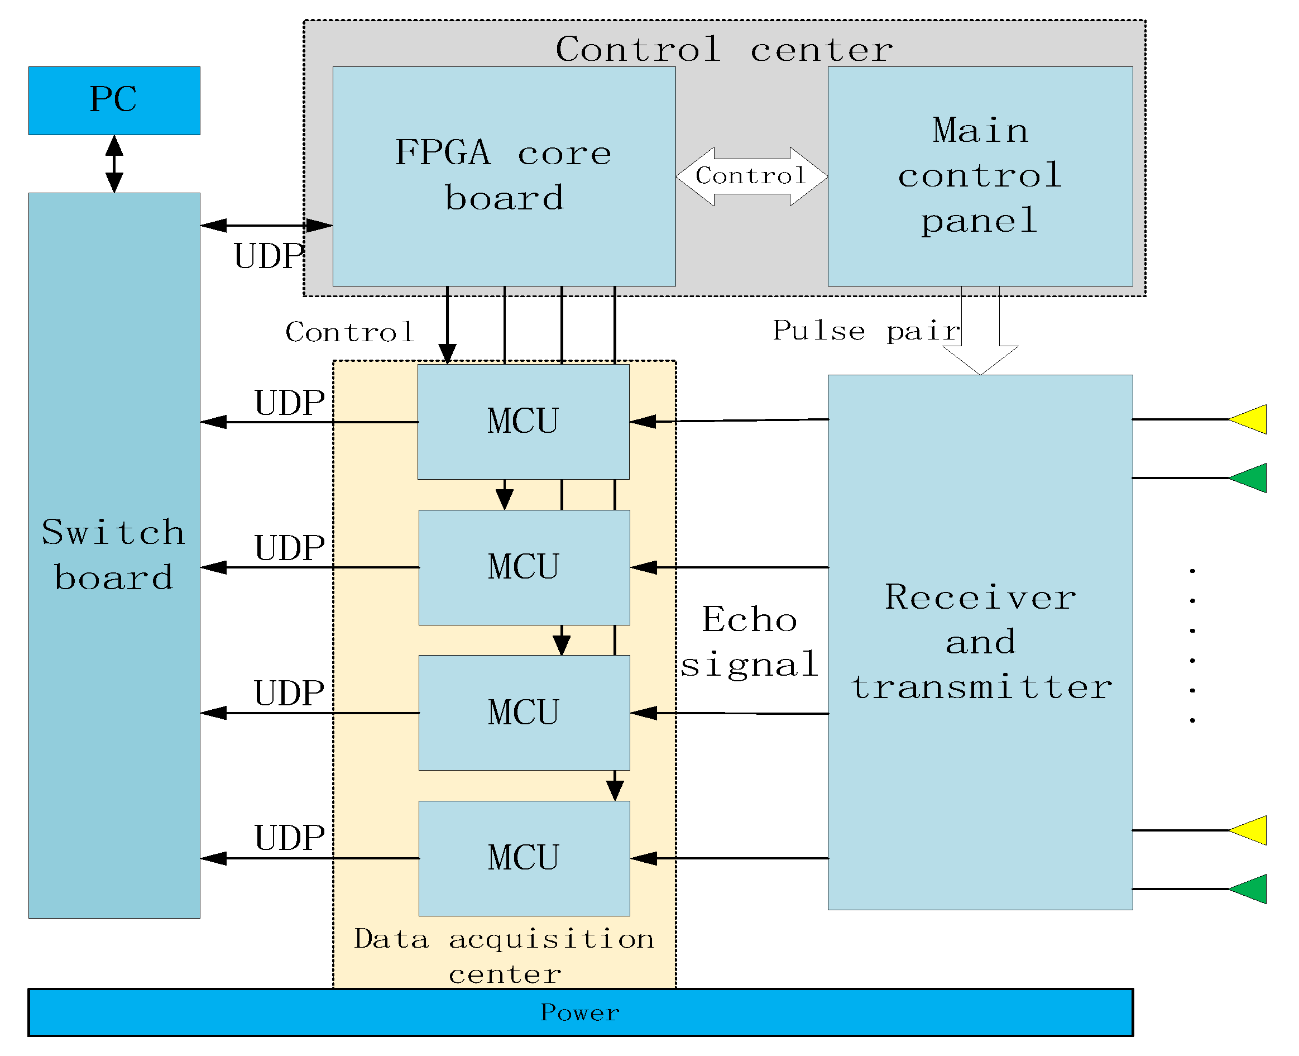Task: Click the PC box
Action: click(x=114, y=101)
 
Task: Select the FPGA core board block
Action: click(x=504, y=176)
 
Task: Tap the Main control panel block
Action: click(x=979, y=176)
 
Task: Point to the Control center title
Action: click(x=723, y=49)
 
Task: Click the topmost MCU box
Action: click(x=523, y=421)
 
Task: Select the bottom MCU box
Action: click(x=524, y=858)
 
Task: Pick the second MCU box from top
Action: click(x=524, y=567)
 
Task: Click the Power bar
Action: click(x=579, y=1012)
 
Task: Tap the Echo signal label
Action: click(x=749, y=642)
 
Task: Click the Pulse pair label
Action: click(x=866, y=332)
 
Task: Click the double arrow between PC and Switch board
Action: click(x=114, y=164)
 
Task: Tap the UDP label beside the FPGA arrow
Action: click(x=268, y=256)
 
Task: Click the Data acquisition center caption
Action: click(x=504, y=955)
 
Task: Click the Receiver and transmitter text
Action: click(x=980, y=642)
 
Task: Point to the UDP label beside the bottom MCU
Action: click(x=290, y=838)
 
